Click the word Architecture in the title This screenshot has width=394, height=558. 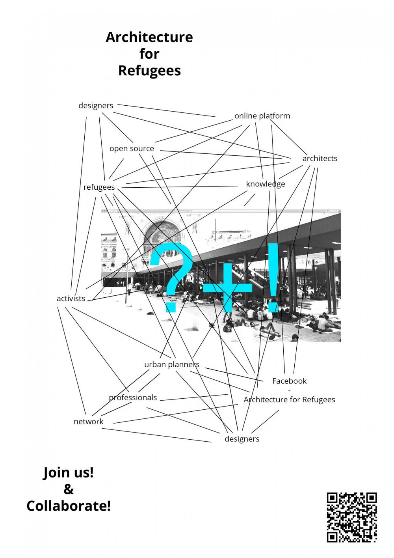click(149, 37)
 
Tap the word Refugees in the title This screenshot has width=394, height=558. click(149, 71)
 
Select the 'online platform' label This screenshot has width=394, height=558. click(262, 116)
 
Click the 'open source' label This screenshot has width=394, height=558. click(132, 149)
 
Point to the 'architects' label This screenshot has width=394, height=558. click(320, 159)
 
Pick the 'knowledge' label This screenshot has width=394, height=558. click(266, 184)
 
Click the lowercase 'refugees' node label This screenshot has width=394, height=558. click(99, 187)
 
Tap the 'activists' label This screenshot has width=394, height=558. click(71, 299)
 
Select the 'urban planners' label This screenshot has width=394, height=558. click(172, 364)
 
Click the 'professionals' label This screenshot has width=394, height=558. click(133, 398)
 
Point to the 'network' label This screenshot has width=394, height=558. click(89, 422)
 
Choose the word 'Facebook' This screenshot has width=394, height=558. click(290, 381)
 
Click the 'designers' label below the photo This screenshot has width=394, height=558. click(242, 439)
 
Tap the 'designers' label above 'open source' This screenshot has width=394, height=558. click(96, 106)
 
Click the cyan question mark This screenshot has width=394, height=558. click(171, 278)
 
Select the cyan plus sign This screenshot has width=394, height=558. click(228, 287)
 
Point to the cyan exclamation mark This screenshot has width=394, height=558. click(273, 278)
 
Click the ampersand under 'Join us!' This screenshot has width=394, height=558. click(69, 489)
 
